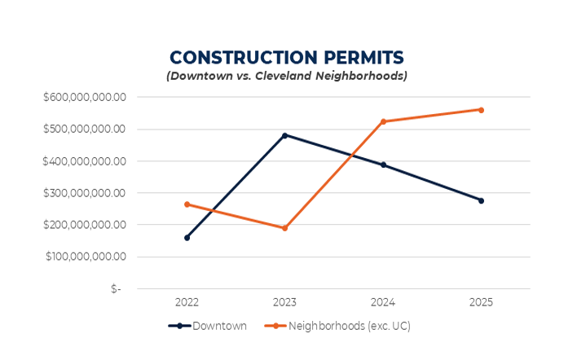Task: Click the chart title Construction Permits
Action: pyautogui.click(x=287, y=58)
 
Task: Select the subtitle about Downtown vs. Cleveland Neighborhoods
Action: pyautogui.click(x=287, y=77)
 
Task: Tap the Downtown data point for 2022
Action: pyautogui.click(x=187, y=238)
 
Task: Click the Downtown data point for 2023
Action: pyautogui.click(x=284, y=135)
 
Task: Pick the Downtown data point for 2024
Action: pyautogui.click(x=383, y=165)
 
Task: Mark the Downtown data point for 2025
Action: pyautogui.click(x=481, y=200)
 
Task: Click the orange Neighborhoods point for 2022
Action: pyautogui.click(x=187, y=204)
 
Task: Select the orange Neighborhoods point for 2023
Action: pyautogui.click(x=284, y=228)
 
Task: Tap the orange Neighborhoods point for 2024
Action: pyautogui.click(x=383, y=121)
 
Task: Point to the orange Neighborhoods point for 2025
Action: pyautogui.click(x=481, y=110)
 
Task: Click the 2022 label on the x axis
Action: pyautogui.click(x=187, y=302)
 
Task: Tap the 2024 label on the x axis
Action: pyautogui.click(x=383, y=302)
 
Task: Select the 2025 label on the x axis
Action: pyautogui.click(x=481, y=302)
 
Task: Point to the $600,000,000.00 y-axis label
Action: pyautogui.click(x=85, y=97)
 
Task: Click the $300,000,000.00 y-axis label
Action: pyautogui.click(x=85, y=193)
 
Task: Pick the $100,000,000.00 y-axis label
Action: pyautogui.click(x=85, y=257)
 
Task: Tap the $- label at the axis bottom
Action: pyautogui.click(x=116, y=289)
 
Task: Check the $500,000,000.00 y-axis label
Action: pyautogui.click(x=85, y=129)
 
